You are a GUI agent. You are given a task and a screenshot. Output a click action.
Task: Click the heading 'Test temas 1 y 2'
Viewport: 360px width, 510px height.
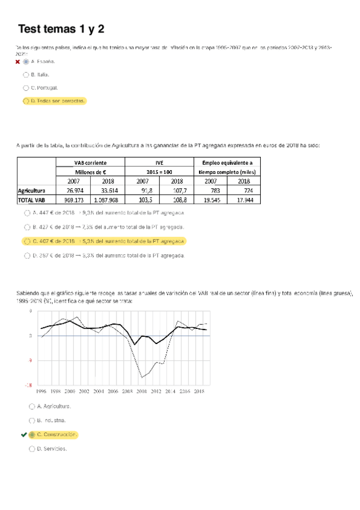[x=61, y=29]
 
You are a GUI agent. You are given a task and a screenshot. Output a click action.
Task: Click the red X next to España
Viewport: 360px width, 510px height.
[x=18, y=61]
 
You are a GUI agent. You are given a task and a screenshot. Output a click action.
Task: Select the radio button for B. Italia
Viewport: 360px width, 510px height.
[x=26, y=75]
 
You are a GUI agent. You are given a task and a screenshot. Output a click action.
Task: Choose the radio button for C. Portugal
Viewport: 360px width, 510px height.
[x=26, y=88]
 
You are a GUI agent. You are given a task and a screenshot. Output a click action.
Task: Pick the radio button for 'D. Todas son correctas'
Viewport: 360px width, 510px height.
[x=26, y=101]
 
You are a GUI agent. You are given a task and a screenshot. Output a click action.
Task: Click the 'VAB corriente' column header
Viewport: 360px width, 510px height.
[x=91, y=162]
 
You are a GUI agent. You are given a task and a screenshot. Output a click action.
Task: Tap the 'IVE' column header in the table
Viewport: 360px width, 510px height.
[x=159, y=162]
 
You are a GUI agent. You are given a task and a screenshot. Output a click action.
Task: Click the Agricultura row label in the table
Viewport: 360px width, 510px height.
[x=32, y=191]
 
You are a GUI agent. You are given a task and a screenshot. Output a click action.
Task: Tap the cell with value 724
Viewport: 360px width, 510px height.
[x=243, y=191]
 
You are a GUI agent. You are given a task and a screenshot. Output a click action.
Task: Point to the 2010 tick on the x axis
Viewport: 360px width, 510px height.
[x=141, y=391]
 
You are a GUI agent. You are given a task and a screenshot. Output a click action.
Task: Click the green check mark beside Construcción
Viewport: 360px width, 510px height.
[x=23, y=434]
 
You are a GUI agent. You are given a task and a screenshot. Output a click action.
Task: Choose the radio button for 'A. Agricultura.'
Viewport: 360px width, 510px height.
[x=32, y=406]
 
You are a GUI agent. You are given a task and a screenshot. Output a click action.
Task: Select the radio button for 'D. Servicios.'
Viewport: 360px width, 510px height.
[x=32, y=449]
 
